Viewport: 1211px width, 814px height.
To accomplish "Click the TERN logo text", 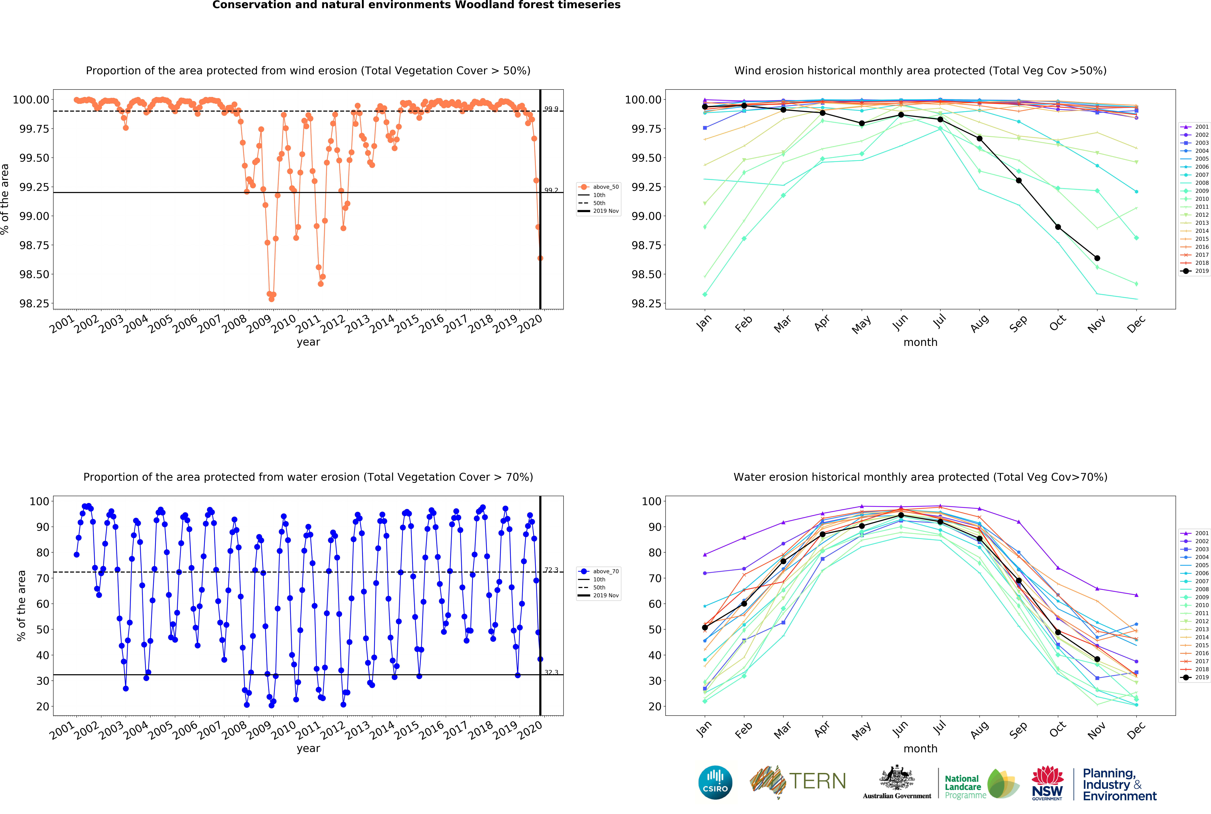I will click(817, 781).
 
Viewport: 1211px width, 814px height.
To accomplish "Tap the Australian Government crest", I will click(897, 778).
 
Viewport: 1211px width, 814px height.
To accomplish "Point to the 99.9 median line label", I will click(551, 109).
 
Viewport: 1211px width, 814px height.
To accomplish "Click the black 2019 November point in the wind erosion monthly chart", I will click(1097, 258).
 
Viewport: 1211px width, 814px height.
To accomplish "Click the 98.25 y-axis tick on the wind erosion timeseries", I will click(35, 304).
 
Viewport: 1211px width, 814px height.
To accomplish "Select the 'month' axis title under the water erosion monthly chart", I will click(920, 749).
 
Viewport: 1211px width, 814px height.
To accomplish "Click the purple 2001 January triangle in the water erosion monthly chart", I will click(704, 554).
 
